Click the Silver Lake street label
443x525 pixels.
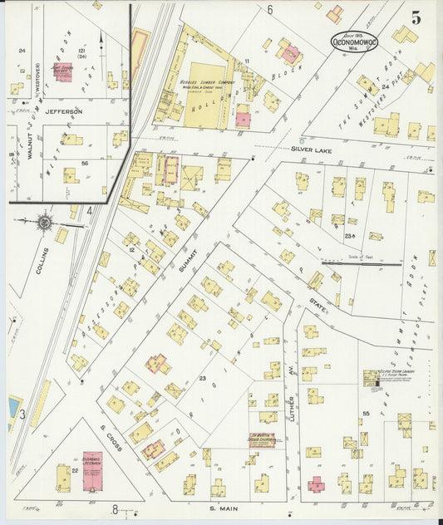click(313, 149)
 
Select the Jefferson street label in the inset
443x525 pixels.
click(64, 110)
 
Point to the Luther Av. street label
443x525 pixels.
click(292, 406)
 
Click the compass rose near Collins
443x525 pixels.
click(43, 222)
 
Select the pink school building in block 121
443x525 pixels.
click(62, 71)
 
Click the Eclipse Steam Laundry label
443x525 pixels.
click(397, 374)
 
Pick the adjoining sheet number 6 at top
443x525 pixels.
click(270, 10)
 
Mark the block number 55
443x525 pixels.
click(366, 413)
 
